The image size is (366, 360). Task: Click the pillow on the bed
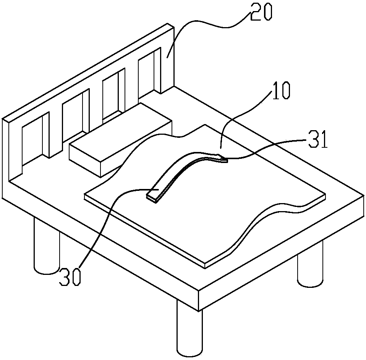[x=120, y=139]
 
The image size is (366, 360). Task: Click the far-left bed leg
[x=47, y=248]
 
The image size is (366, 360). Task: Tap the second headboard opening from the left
[x=72, y=116]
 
